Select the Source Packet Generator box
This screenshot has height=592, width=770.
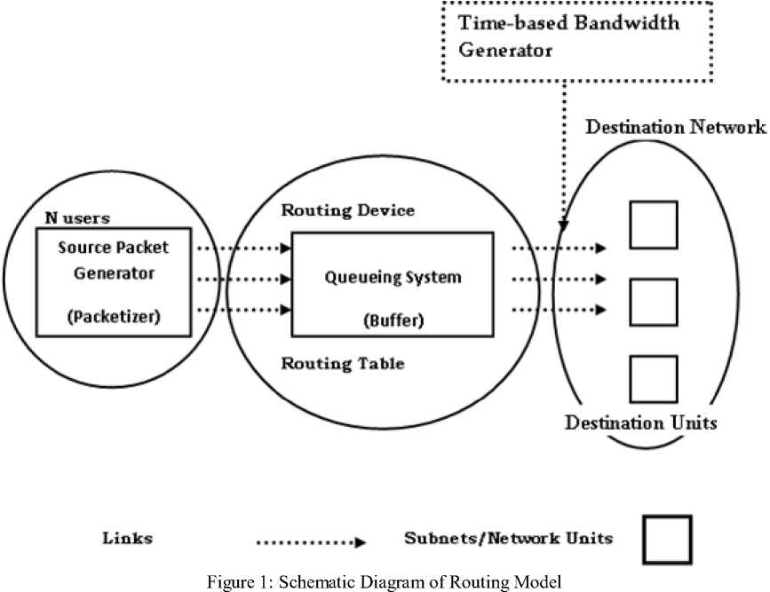113,282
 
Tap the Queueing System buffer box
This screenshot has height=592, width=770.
392,284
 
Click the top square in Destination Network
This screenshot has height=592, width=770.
653,225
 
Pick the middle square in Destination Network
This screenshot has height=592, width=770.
653,302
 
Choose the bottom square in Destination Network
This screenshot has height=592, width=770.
653,379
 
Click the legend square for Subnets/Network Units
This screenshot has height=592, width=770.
666,538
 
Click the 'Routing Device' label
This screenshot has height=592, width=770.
347,210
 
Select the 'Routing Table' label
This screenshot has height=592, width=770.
343,363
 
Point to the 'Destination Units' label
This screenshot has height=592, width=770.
641,422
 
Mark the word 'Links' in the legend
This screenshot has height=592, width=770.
128,538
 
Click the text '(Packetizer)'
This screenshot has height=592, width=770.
113,317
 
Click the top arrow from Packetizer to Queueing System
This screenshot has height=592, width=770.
242,249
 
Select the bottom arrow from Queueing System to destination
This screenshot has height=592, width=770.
559,310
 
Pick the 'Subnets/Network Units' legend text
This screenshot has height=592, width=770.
508,538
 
